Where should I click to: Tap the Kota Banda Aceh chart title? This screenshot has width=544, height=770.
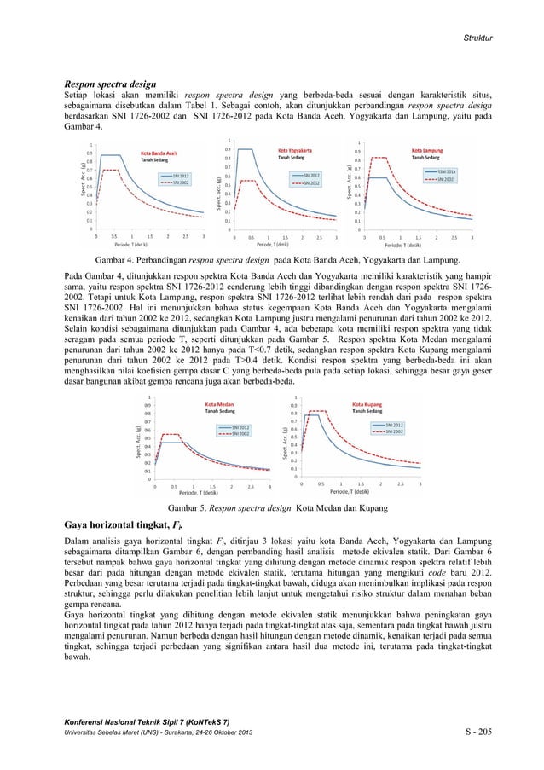pos(159,154)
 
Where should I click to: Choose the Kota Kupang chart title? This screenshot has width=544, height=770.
pos(367,403)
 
